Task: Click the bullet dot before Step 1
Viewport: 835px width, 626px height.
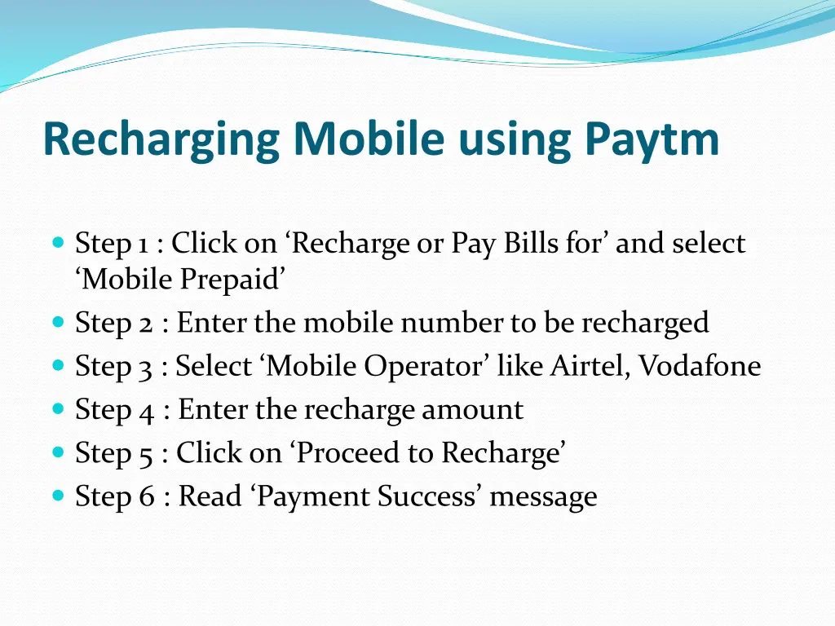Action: [57, 243]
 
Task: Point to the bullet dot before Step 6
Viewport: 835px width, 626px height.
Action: [57, 495]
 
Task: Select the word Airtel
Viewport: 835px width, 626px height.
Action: [588, 366]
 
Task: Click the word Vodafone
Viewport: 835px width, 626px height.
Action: [699, 366]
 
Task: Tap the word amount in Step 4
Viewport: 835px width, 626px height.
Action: [472, 409]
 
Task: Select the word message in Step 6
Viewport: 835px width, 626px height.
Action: [544, 496]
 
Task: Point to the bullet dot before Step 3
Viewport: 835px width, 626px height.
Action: [57, 365]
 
